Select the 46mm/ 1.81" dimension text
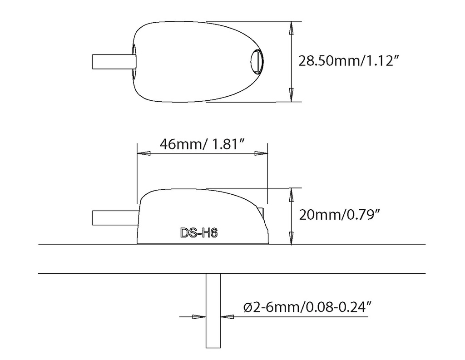pos(203,144)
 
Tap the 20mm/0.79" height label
pos(340,214)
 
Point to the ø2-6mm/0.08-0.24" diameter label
pos(307,307)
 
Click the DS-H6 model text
pos(199,233)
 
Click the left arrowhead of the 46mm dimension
pos(144,153)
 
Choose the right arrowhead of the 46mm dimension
pos(261,153)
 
